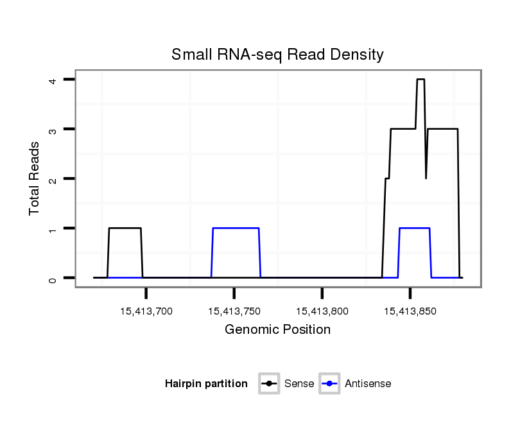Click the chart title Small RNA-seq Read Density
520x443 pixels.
pos(277,55)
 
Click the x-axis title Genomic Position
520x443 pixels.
pos(277,330)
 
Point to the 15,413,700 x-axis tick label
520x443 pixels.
pos(146,311)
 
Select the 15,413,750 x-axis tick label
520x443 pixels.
pos(234,311)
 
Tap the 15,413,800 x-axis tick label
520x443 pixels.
pos(322,311)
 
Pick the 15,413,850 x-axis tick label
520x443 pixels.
pos(410,311)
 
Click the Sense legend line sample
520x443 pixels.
pos(268,384)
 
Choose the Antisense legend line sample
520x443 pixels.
pos(329,384)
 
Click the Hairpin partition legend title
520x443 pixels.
pos(206,384)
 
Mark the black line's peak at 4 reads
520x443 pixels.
pos(420,80)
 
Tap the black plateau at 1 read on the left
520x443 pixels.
pos(125,228)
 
